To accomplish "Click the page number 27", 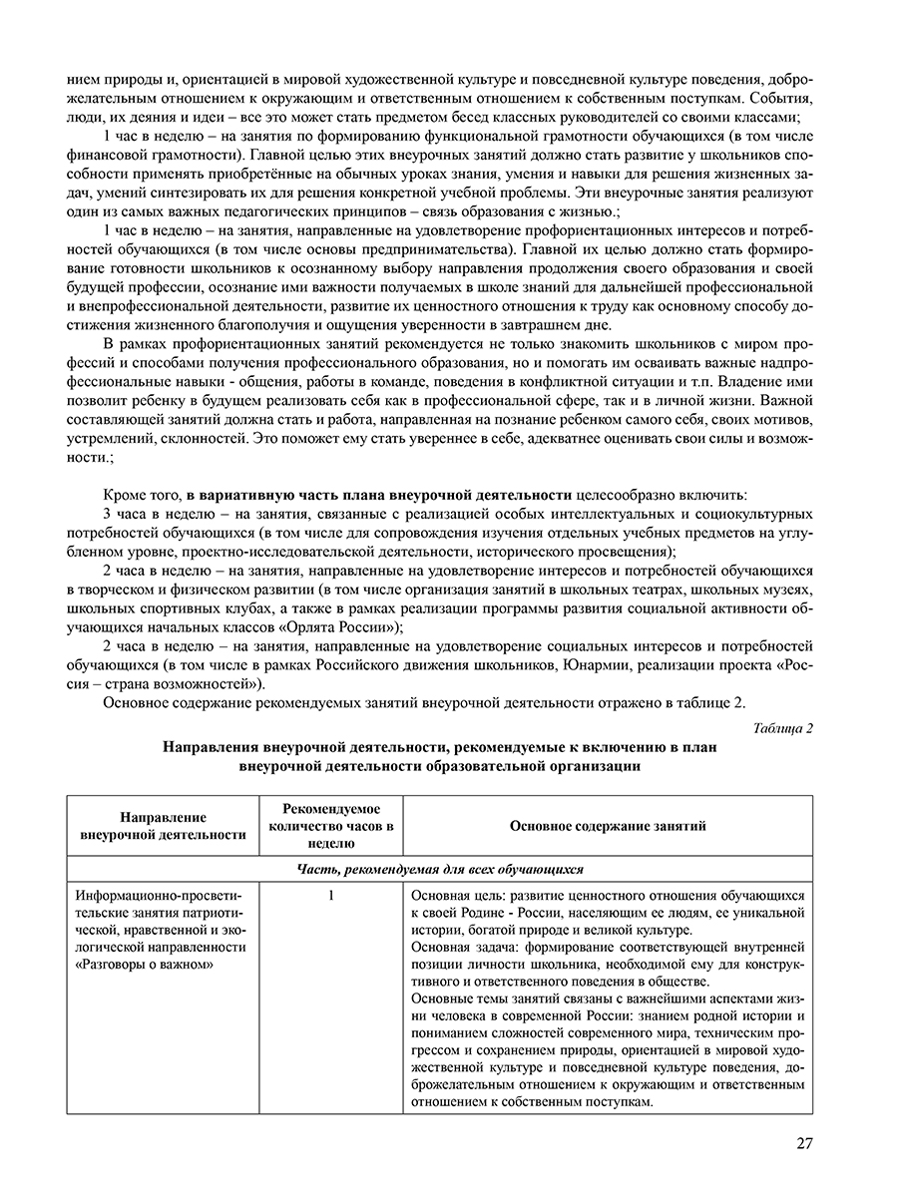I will click(804, 1143).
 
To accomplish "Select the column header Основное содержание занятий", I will click(608, 826).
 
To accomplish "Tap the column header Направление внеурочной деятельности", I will click(163, 826).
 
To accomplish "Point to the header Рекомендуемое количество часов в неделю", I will click(331, 826).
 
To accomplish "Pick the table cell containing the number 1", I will click(330, 895).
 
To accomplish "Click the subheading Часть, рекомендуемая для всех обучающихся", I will click(440, 869).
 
